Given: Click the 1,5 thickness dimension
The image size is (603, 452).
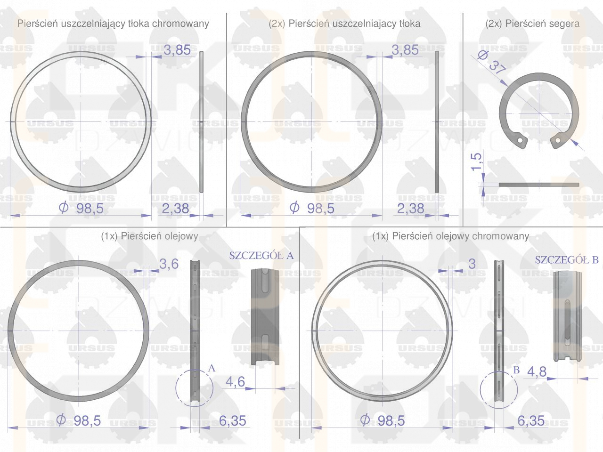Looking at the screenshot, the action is [476, 162].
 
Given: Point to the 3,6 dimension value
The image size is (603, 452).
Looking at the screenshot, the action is [169, 264].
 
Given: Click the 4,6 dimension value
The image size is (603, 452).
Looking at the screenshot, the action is [235, 381].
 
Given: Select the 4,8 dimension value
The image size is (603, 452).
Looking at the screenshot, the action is [537, 372].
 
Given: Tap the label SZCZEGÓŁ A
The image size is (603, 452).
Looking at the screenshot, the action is [261, 256].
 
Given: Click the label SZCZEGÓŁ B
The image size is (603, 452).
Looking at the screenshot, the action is [566, 260].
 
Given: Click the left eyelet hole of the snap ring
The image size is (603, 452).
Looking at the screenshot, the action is [520, 140].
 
